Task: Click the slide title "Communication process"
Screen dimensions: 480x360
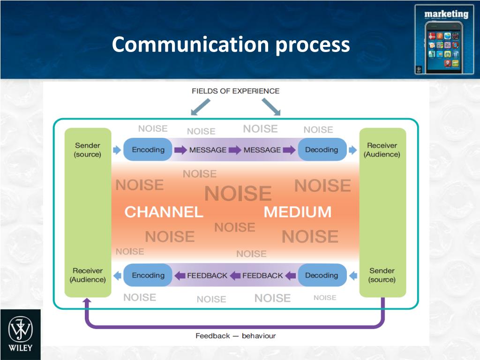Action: point(231,45)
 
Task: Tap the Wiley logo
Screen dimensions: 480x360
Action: point(20,334)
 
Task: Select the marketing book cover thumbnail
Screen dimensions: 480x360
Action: point(444,39)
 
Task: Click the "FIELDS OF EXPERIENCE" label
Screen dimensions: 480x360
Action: point(235,91)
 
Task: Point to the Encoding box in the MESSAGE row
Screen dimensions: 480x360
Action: point(148,150)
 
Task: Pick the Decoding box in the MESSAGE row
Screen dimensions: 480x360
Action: point(322,150)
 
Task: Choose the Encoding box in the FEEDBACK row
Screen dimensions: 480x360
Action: point(148,275)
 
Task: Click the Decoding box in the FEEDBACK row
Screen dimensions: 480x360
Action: point(322,275)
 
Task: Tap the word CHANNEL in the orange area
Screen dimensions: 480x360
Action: point(164,212)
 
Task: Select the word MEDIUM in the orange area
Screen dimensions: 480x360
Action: point(298,212)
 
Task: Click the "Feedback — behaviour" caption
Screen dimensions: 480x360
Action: point(235,336)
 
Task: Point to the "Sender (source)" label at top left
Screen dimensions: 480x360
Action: point(88,150)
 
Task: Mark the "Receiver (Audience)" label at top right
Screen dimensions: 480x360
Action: point(382,150)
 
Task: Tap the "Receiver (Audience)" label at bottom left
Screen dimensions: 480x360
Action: point(88,275)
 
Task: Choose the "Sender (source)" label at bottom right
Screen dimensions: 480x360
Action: point(382,275)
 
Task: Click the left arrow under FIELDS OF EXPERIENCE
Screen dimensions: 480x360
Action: point(200,107)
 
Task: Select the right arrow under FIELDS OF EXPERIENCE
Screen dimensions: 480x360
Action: point(271,107)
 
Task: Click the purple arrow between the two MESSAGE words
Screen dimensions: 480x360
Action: point(235,150)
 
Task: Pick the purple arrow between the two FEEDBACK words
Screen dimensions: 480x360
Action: point(235,276)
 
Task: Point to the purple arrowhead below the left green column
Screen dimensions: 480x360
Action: point(87,301)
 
